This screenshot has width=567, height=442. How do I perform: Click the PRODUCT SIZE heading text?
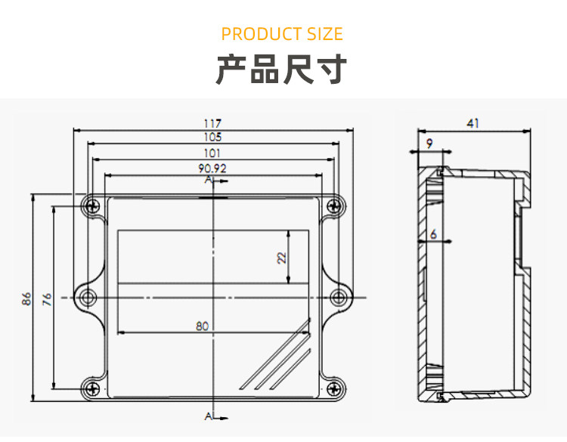coord(282,34)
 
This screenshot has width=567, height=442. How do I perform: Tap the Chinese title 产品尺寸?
coord(282,69)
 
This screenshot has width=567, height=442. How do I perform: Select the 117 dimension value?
coord(212,123)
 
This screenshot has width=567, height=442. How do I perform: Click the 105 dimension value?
coord(212,138)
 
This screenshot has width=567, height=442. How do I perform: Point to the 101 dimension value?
coord(212,153)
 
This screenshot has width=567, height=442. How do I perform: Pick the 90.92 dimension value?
coord(212,168)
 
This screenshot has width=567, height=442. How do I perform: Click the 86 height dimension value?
coord(26,298)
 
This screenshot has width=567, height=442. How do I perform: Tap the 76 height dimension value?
coord(47,298)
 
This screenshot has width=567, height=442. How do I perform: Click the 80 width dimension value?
coord(202,326)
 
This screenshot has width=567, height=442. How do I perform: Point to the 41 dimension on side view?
coord(473,124)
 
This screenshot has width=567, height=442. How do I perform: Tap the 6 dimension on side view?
coord(433,235)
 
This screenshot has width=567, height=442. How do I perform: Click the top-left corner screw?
coord(92,205)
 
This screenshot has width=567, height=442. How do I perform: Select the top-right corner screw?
coord(333,205)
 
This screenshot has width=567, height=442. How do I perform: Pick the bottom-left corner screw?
coord(92,388)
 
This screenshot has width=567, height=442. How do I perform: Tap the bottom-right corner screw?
coord(333,388)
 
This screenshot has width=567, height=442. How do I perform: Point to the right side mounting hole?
coord(339,297)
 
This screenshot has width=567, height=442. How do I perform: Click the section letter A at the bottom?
coord(208,416)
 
